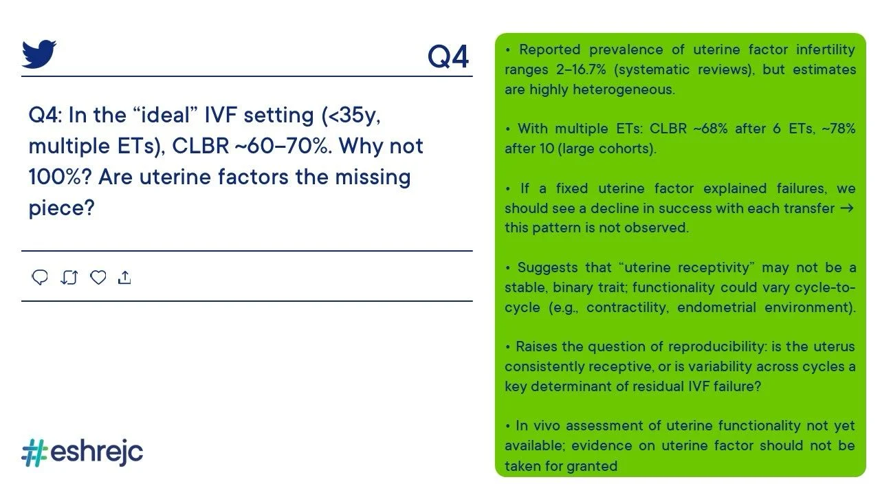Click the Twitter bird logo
pos(39,54)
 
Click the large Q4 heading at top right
pos(448,57)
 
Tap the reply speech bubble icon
pos(40,277)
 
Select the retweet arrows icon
pos(69,277)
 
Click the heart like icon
pos(98,277)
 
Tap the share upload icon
pos(124,277)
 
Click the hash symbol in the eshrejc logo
pos(35,452)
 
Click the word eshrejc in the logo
pos(97,452)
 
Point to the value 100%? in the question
pos(60,177)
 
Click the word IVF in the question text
pos(221,115)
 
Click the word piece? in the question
pos(62,208)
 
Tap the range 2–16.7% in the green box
pos(581,69)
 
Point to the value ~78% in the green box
pos(838,129)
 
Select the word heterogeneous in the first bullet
pos(624,89)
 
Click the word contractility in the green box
pos(628,307)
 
